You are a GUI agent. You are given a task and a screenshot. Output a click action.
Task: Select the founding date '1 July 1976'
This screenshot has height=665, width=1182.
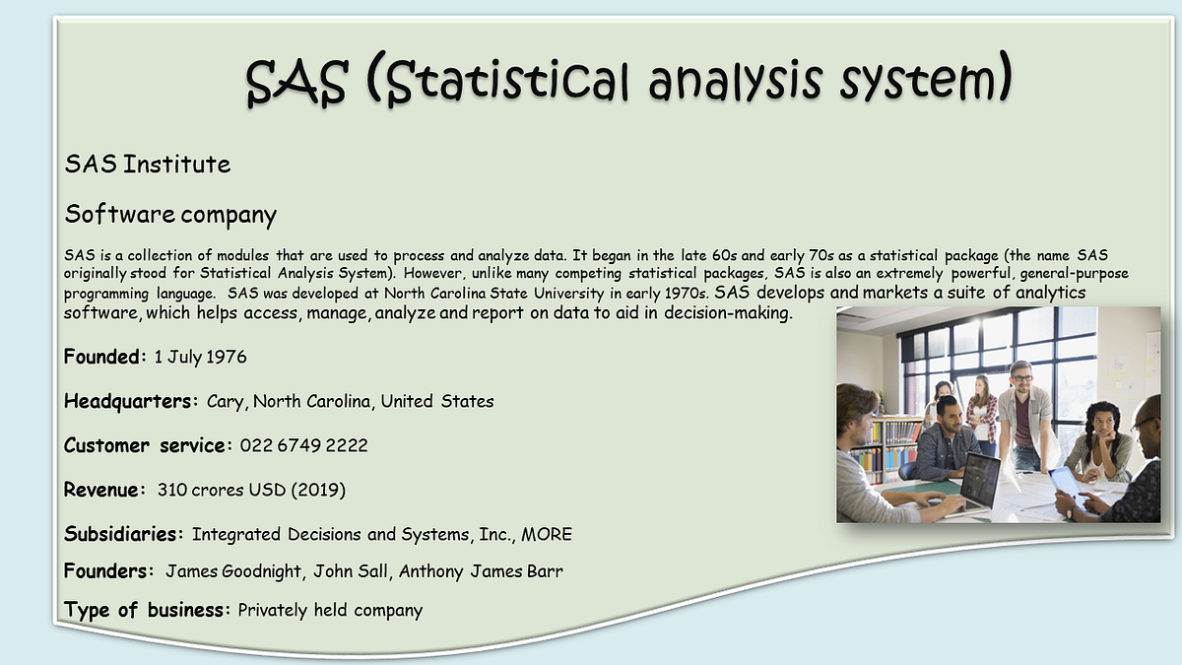200,357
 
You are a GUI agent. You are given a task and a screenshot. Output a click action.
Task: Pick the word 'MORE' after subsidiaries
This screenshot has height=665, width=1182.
547,535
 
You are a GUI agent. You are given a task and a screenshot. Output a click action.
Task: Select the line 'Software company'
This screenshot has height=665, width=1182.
170,214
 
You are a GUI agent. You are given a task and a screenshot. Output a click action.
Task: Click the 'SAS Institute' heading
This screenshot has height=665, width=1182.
148,165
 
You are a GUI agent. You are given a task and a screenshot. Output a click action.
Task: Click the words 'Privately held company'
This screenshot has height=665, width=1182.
330,611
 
